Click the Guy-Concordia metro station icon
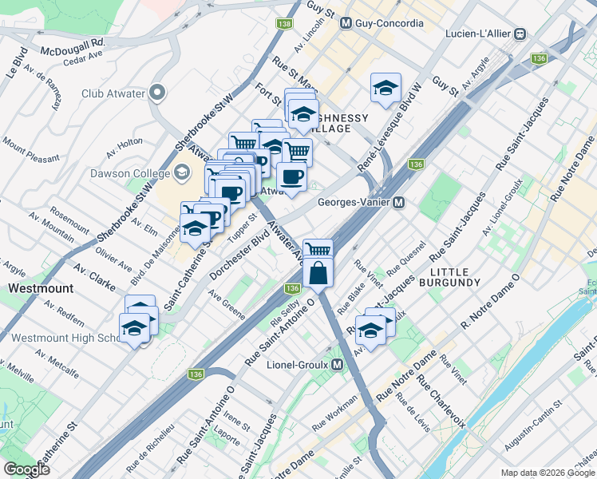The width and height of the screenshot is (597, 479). tap(346, 23)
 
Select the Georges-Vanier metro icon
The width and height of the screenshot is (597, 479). tap(397, 202)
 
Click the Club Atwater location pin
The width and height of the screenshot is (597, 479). tap(157, 93)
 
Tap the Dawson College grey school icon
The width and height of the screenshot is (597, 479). tap(183, 171)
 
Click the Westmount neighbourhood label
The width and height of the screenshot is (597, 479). tap(41, 287)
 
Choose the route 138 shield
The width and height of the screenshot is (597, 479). tap(284, 24)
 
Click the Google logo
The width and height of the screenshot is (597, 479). tap(26, 469)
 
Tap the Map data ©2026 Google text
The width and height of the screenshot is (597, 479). tap(548, 473)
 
